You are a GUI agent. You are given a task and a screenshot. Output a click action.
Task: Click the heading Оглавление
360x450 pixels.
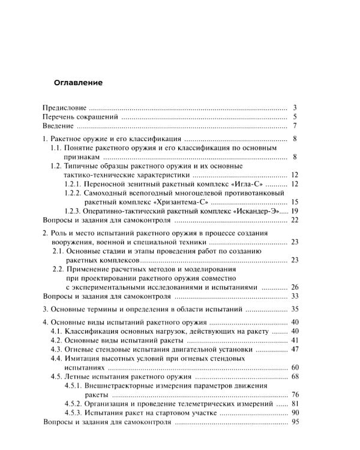(79, 82)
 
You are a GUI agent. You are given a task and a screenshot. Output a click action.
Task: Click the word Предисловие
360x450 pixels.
(66, 107)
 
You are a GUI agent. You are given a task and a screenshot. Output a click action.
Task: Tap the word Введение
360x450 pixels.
(59, 126)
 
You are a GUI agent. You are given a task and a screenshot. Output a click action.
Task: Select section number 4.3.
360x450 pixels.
(58, 349)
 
